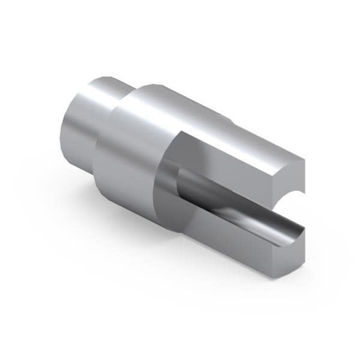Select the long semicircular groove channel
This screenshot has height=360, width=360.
234,204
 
